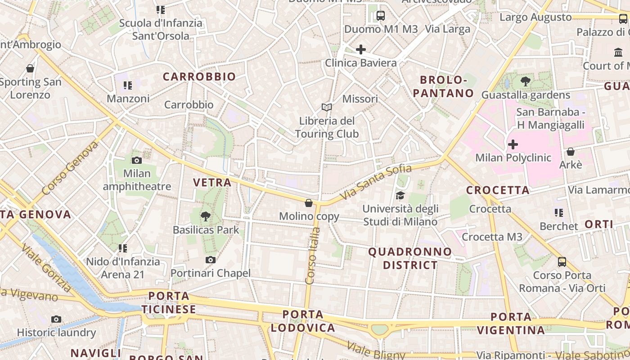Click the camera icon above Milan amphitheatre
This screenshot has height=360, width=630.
tap(136, 160)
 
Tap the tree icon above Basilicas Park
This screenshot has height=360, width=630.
tap(206, 216)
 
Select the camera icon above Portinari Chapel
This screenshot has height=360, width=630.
tap(210, 260)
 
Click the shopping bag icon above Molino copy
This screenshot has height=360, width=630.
tap(309, 203)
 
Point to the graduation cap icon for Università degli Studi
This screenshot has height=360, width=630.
tap(400, 195)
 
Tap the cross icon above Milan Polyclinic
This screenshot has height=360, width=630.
tap(513, 144)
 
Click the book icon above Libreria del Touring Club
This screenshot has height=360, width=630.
tap(327, 108)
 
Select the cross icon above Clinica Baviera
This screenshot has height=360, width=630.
tap(360, 49)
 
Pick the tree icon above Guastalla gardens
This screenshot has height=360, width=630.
tap(525, 81)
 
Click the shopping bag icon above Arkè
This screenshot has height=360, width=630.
tap(571, 152)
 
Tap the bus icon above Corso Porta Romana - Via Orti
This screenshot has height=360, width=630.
tap(562, 261)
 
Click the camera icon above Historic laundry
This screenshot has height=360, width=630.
tap(56, 319)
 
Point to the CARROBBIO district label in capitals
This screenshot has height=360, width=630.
tap(199, 76)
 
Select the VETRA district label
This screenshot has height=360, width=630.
tap(212, 182)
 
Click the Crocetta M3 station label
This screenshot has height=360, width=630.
tap(492, 237)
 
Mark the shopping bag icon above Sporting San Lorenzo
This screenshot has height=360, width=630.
tap(30, 68)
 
